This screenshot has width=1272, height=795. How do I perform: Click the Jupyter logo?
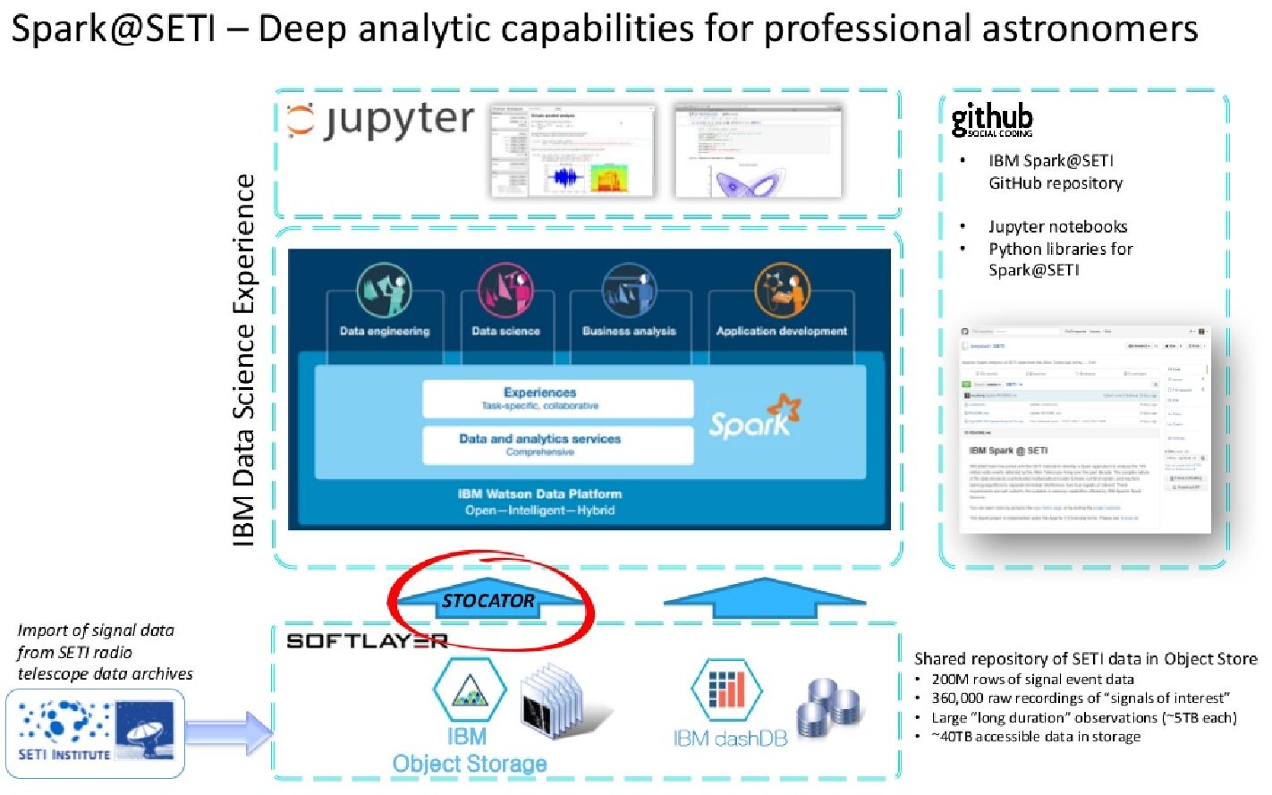pyautogui.click(x=380, y=121)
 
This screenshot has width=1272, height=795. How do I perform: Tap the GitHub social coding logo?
pyautogui.click(x=991, y=119)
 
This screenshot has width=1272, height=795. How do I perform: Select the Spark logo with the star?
pyautogui.click(x=754, y=418)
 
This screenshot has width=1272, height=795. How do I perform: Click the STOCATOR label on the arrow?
pyautogui.click(x=488, y=601)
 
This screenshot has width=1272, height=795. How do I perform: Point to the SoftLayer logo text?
pyautogui.click(x=367, y=640)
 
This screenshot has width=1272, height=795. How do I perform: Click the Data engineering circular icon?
pyautogui.click(x=384, y=291)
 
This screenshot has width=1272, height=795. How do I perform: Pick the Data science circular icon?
pyautogui.click(x=505, y=291)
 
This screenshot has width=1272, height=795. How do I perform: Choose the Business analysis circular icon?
pyautogui.click(x=629, y=291)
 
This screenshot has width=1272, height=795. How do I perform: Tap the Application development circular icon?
pyautogui.click(x=782, y=291)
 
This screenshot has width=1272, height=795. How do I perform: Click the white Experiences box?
pyautogui.click(x=557, y=398)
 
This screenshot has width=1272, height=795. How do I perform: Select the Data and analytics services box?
pyautogui.click(x=557, y=444)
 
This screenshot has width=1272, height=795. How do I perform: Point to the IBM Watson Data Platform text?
pyautogui.click(x=539, y=494)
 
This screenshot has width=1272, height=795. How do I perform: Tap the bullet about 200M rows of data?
pyautogui.click(x=1032, y=680)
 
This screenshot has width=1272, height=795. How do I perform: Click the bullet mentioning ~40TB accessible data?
pyautogui.click(x=1036, y=737)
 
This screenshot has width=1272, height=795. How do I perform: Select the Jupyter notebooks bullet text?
pyautogui.click(x=1057, y=227)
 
